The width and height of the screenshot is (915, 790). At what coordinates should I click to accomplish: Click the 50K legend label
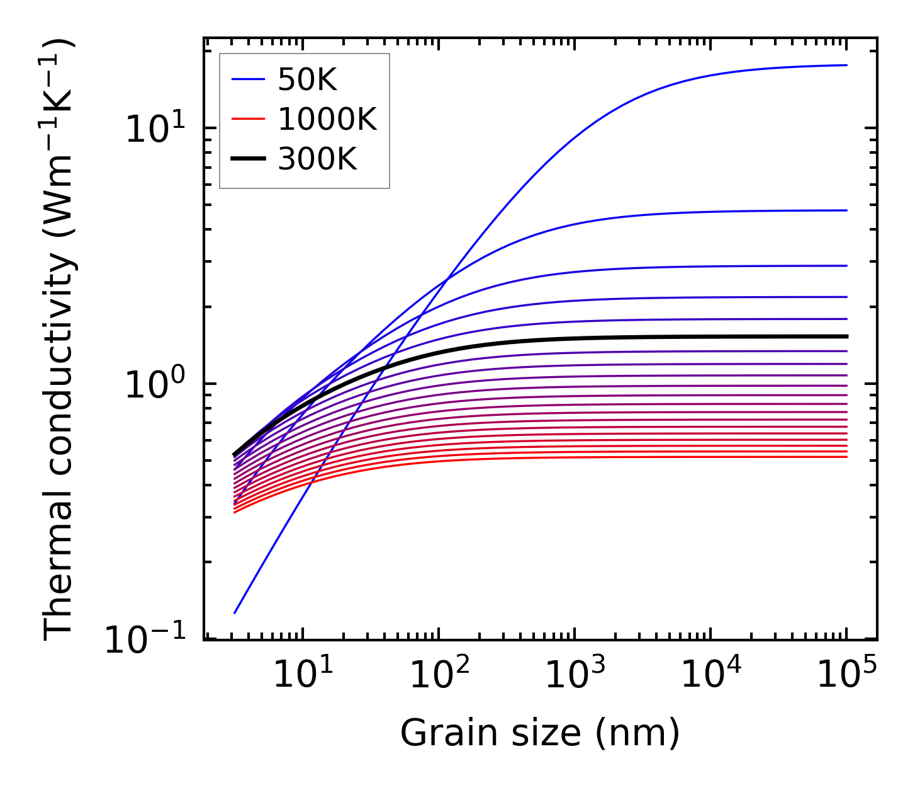[x=308, y=80]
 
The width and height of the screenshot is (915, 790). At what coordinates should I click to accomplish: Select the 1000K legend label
[x=327, y=119]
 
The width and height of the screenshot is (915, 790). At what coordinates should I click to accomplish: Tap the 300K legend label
[x=317, y=159]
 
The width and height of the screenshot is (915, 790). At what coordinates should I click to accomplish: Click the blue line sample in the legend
[x=249, y=79]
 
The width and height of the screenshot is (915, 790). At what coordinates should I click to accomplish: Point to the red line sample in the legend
[x=249, y=119]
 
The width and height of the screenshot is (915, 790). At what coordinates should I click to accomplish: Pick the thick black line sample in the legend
[x=249, y=159]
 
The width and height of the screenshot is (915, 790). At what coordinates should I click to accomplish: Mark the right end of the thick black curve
[x=847, y=336]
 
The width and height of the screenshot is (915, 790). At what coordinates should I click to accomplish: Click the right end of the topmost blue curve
[x=847, y=65]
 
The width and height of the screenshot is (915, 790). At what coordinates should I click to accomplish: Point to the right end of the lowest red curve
[x=847, y=456]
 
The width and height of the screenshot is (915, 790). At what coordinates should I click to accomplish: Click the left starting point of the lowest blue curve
[x=234, y=612]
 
